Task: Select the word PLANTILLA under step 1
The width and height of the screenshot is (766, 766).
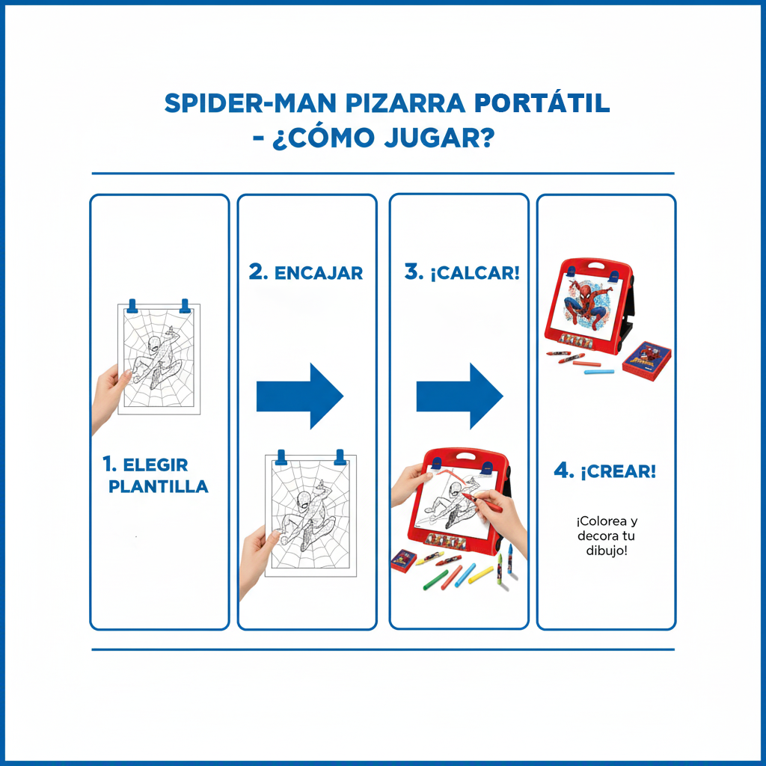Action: (159, 486)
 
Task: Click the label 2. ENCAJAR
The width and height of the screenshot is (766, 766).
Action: (306, 273)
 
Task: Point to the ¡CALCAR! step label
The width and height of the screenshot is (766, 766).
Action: (462, 273)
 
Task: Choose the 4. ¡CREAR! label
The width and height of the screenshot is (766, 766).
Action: (605, 471)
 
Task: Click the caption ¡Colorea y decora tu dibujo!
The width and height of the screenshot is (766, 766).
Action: (607, 536)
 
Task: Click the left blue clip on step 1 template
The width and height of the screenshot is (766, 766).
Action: (133, 306)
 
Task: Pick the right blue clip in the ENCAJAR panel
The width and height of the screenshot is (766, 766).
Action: (340, 456)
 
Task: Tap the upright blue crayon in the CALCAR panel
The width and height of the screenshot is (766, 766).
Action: (510, 557)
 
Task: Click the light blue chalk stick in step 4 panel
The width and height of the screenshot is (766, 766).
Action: (598, 370)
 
